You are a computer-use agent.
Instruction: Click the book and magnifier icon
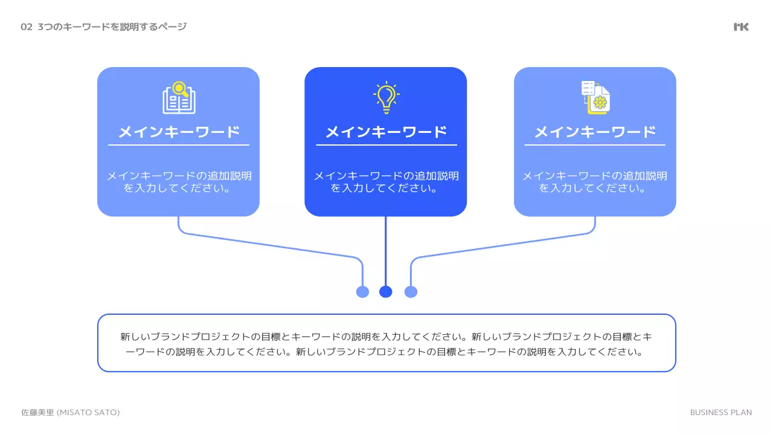coord(179,98)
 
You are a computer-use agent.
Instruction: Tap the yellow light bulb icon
coord(386,98)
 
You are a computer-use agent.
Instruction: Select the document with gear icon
coord(595,98)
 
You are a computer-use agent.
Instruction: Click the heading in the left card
coord(179,132)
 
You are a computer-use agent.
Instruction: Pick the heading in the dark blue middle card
coord(386,132)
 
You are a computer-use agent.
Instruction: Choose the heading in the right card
coord(595,132)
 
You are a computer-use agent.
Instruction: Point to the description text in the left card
coord(179,182)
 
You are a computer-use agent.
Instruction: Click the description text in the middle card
coord(386,182)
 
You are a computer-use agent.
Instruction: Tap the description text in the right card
coord(595,182)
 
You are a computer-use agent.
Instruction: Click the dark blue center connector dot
coord(386,292)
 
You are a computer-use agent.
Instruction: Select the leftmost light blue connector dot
coord(362,292)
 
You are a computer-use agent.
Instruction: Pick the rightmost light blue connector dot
coord(411,292)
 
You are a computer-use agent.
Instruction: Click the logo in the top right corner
coord(741,27)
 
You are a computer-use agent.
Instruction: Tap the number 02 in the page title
coord(26,27)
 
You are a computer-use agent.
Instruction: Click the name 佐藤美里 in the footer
coord(37,412)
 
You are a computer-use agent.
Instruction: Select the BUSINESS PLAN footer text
coord(720,412)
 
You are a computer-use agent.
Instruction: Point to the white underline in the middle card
coord(386,145)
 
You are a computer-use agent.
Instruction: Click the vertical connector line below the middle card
coord(386,251)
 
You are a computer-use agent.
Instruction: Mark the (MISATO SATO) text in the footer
coord(88,412)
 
